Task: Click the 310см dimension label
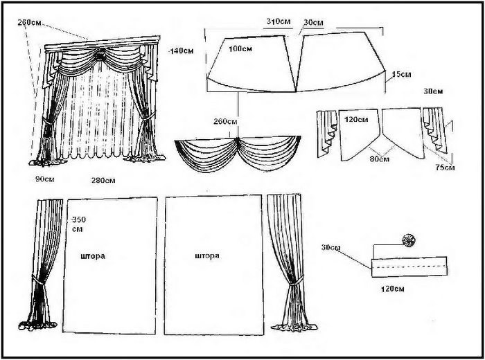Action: (x=279, y=21)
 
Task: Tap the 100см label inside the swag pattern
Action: (x=240, y=49)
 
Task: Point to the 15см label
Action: (x=401, y=75)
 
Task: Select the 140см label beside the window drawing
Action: (x=182, y=51)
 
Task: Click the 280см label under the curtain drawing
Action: (x=103, y=180)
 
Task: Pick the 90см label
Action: (x=45, y=179)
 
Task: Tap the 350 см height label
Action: (x=79, y=224)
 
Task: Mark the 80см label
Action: (x=380, y=159)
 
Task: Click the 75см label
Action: (x=445, y=168)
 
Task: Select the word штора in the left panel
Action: (x=93, y=256)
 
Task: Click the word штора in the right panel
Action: (x=207, y=256)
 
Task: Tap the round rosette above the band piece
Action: (x=408, y=240)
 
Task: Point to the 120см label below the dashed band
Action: (x=393, y=289)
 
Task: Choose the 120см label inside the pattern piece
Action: (x=356, y=119)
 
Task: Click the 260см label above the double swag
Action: (x=225, y=121)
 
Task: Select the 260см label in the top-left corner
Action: (x=29, y=22)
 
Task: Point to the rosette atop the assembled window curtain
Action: (x=100, y=56)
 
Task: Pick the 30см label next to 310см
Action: (x=313, y=23)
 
